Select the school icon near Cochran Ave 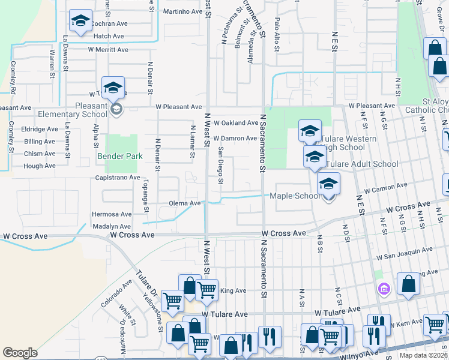coord(80,21)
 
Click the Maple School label coord(295,196)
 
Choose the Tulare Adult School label coord(361,164)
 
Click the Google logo coord(20,352)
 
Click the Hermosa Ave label coord(111,214)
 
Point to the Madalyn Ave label coord(112,226)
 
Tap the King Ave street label coord(234,291)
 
